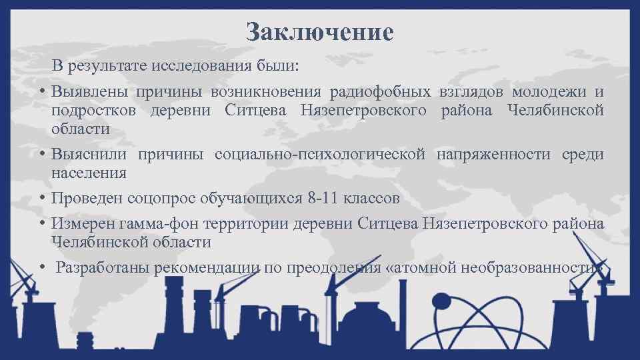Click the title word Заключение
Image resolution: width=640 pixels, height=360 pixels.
(319, 31)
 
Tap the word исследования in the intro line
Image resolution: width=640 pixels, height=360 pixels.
(197, 67)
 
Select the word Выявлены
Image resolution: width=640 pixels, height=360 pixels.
(89, 91)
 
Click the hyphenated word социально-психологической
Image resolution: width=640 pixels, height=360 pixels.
(320, 155)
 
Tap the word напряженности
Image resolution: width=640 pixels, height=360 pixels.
(494, 155)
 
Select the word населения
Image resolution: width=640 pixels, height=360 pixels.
(89, 173)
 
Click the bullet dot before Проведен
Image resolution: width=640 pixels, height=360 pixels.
(41, 199)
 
